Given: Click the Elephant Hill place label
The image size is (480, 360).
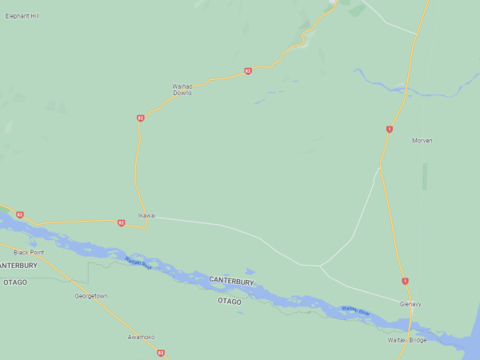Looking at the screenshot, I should (22, 16).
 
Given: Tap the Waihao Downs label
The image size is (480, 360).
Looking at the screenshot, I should (182, 90).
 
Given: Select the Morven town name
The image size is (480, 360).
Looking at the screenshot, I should (422, 141).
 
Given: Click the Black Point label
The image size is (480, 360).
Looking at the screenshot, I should (29, 253).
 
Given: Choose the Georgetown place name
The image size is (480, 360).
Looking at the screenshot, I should (91, 296).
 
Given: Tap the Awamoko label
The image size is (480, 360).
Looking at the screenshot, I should (141, 337).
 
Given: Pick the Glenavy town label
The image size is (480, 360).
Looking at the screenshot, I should (410, 304).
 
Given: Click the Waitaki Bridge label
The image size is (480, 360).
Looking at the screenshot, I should (407, 340).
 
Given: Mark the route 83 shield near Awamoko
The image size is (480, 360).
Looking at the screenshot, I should (161, 353).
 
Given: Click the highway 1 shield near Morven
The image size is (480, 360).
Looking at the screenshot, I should (390, 129).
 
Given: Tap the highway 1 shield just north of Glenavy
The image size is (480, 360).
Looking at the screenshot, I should (405, 281).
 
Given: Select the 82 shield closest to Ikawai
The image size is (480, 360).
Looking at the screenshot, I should (121, 223).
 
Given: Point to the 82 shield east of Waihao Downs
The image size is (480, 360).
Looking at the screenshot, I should (248, 71).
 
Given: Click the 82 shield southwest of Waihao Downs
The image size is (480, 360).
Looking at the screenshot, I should (141, 118).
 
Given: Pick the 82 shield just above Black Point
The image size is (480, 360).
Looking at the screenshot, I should (19, 214).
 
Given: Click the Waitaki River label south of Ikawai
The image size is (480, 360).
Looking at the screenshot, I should (138, 262).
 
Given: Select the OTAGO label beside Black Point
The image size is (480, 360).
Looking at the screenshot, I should (15, 282).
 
